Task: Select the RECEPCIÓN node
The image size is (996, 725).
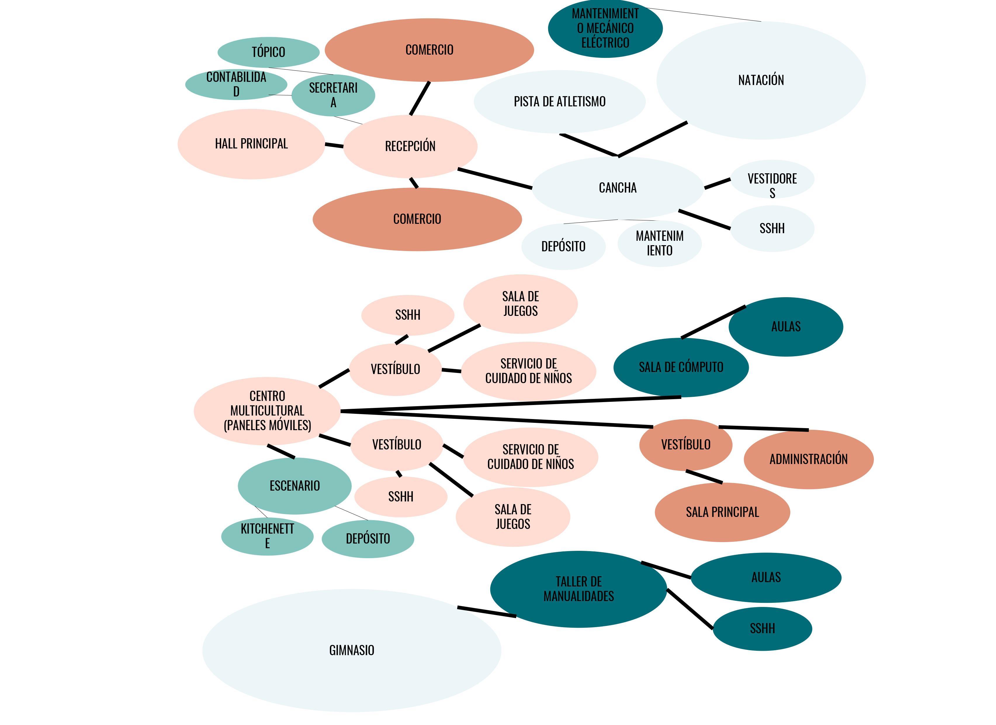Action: (x=410, y=146)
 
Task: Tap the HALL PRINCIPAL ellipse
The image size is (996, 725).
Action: (x=251, y=144)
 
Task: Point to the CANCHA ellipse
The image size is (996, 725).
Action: (x=617, y=188)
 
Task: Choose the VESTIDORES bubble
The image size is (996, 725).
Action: (x=772, y=179)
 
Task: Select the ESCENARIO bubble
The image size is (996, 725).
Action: (x=295, y=486)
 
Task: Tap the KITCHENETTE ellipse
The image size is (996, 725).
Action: (x=267, y=536)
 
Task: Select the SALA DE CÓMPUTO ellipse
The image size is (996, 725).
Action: (x=681, y=367)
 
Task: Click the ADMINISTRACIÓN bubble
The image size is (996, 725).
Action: (x=808, y=459)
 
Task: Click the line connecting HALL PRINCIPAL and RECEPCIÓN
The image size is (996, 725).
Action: (x=334, y=145)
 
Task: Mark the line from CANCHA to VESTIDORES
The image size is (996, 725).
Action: (x=717, y=184)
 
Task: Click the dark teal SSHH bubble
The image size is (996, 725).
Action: (x=762, y=629)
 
